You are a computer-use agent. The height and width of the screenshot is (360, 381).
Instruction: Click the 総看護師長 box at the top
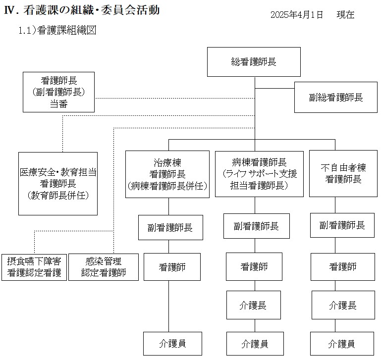click(254, 62)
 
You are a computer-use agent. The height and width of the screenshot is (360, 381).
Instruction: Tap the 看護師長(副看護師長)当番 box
click(59, 92)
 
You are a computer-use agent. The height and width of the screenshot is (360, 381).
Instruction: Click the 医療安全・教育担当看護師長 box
click(58, 183)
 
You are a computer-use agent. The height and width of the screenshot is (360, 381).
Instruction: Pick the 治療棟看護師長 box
click(167, 174)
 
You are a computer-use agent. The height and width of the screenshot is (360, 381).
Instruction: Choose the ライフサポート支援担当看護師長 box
click(259, 174)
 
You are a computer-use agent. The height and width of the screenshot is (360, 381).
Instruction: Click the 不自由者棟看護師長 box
click(343, 174)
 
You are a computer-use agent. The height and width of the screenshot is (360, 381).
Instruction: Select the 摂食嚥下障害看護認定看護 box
click(34, 267)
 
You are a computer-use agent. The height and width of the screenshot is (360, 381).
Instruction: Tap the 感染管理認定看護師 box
click(103, 267)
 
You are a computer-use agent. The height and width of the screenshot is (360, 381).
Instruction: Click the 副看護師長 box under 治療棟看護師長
click(170, 228)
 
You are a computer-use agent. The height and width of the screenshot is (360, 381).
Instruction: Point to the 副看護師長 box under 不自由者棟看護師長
click(342, 225)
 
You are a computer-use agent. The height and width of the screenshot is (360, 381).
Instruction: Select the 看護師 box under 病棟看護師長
click(254, 266)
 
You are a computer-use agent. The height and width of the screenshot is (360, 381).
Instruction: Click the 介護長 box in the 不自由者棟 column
click(342, 305)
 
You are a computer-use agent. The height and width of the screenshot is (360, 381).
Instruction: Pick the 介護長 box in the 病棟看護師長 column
click(254, 305)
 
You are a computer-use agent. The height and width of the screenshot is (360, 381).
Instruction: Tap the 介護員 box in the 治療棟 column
click(173, 343)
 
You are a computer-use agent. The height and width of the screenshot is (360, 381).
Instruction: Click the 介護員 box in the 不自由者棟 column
click(342, 343)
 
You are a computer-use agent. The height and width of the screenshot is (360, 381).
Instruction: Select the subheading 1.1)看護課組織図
click(57, 30)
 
